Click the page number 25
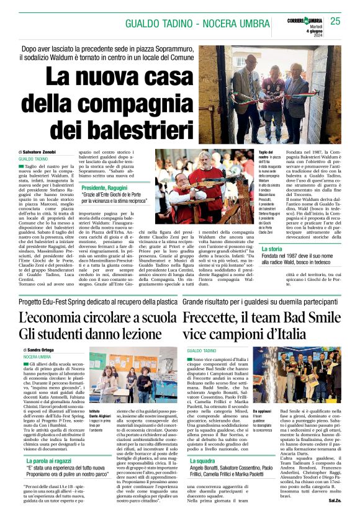point(336,21)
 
